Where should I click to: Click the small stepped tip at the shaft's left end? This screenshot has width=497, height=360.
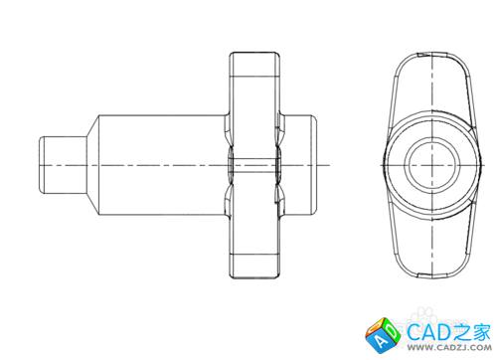pos(63,165)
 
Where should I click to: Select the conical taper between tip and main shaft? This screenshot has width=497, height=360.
pos(92,165)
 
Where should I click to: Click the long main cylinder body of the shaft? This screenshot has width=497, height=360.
pos(162,165)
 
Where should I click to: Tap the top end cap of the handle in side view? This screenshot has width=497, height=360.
pos(254,65)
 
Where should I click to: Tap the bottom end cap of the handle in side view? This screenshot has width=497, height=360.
pos(254,267)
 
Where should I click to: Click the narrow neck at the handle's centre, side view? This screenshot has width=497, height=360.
pos(254,165)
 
